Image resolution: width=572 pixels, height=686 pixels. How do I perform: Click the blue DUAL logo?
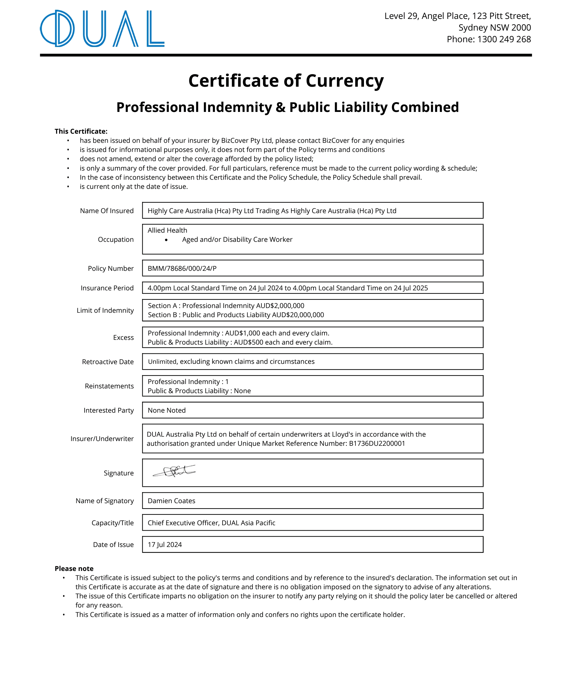[x=102, y=28]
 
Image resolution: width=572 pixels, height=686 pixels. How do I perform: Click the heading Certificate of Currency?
[x=286, y=81]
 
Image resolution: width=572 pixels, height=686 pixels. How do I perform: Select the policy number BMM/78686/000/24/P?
[x=182, y=269]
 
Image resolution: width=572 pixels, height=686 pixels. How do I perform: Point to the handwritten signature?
[x=174, y=471]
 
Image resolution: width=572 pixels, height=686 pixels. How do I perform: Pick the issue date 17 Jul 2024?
[x=164, y=544]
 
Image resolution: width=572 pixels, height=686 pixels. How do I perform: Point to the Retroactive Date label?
[x=108, y=362]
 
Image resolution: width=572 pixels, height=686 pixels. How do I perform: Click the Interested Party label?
[x=109, y=410]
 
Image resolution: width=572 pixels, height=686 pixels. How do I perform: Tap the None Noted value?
[x=166, y=410]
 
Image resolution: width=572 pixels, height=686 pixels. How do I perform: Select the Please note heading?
[x=74, y=569]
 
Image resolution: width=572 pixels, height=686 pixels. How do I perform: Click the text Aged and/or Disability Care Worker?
[x=237, y=240]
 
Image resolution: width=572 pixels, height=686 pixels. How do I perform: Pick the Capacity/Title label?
[x=112, y=523]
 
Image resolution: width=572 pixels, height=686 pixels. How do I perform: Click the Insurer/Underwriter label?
[x=102, y=439]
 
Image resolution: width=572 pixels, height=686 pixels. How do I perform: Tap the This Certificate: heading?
[x=81, y=131]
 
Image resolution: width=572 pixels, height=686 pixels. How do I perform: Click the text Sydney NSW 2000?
[x=494, y=27]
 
